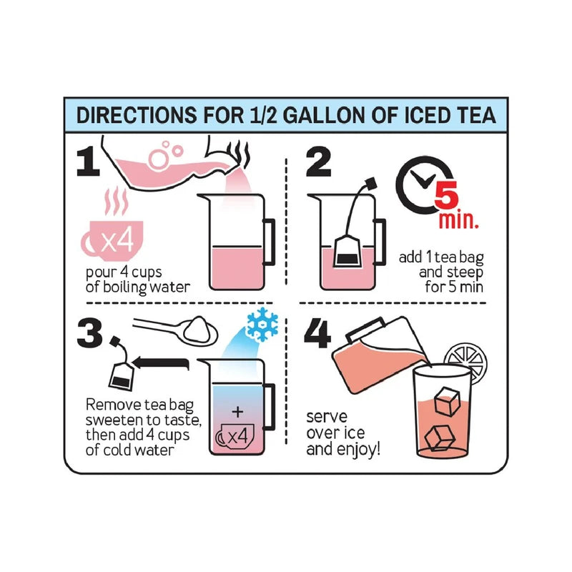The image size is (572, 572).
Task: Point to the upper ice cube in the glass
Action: (x=447, y=402)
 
